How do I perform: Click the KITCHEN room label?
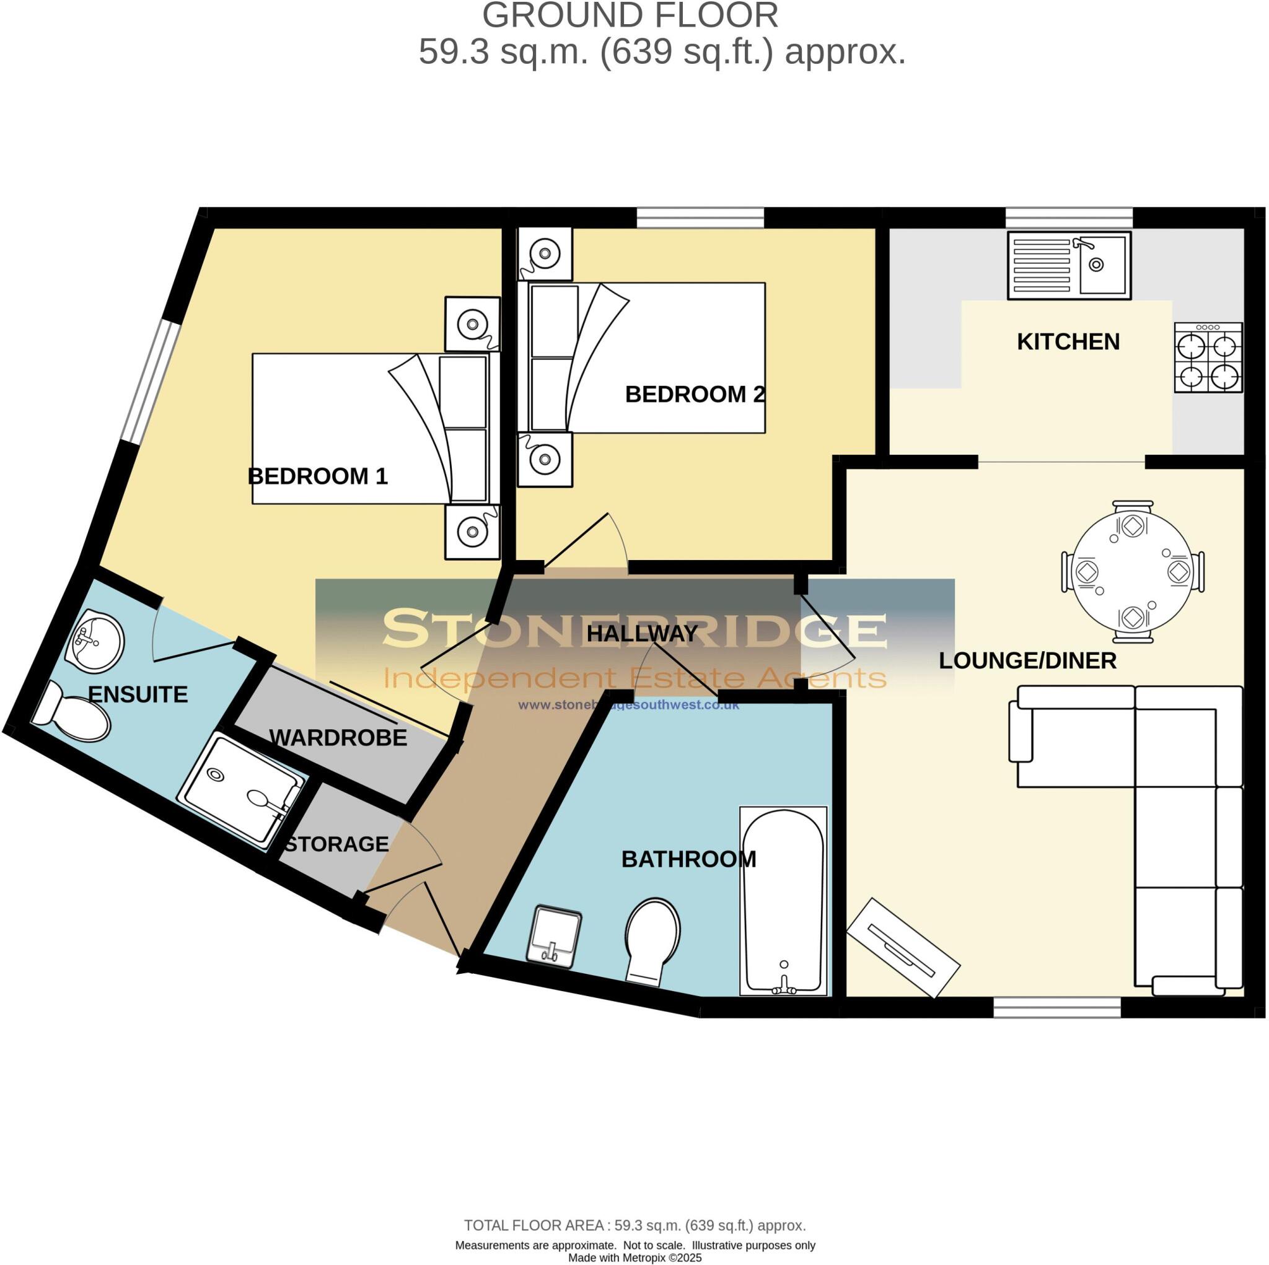pos(1068,341)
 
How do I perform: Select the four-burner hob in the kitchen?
pos(1208,357)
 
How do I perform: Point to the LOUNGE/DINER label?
pos(1027,661)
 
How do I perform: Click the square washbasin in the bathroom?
pos(555,935)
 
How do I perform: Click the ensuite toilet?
pos(71,711)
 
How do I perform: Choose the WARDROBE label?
pos(338,738)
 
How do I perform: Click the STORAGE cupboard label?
pos(336,844)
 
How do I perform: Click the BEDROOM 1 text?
pos(318,476)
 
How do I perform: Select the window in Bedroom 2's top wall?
pos(700,218)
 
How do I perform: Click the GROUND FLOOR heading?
pos(630,15)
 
